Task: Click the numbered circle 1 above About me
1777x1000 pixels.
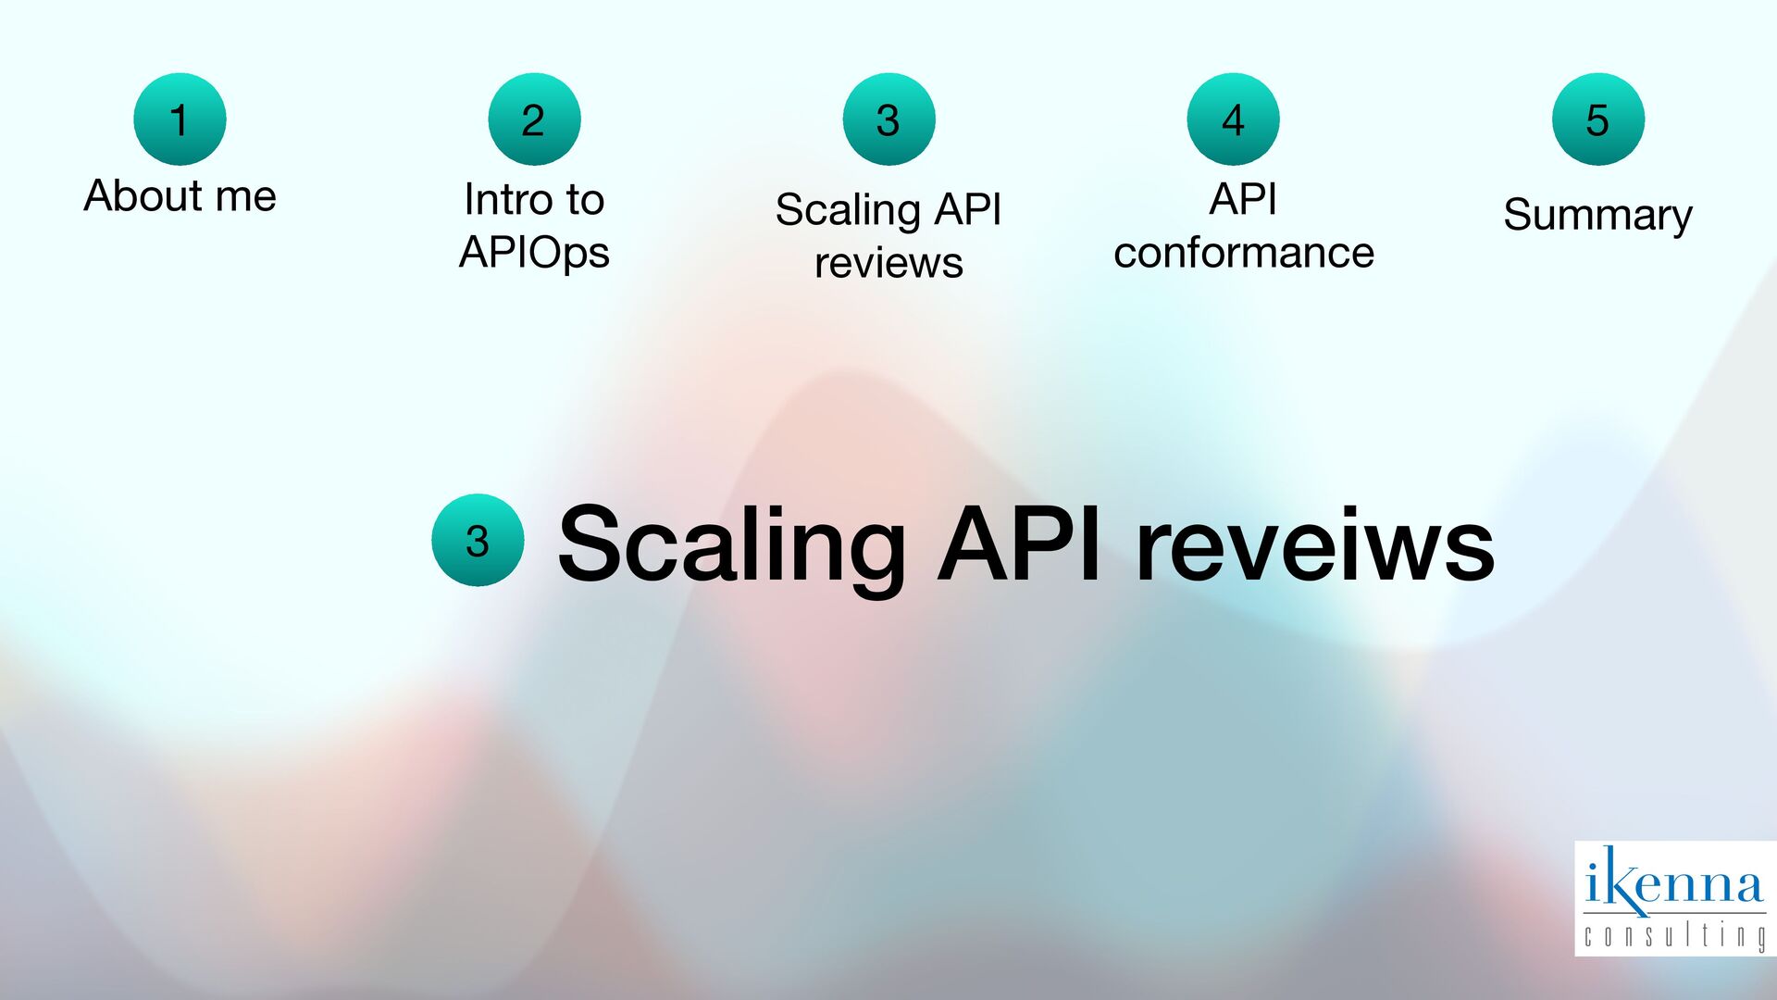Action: tap(180, 119)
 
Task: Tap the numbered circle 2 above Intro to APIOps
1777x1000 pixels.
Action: tap(534, 119)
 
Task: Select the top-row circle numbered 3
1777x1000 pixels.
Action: tap(888, 119)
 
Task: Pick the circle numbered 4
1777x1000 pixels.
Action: tap(1233, 119)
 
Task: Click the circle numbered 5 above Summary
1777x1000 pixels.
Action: tap(1597, 119)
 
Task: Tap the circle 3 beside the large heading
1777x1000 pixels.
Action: tap(478, 540)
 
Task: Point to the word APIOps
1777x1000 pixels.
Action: tap(534, 253)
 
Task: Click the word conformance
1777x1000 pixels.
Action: tap(1244, 253)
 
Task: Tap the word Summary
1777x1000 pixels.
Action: tap(1597, 216)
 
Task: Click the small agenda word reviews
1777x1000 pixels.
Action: tap(888, 263)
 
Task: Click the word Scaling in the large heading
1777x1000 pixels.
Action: tap(731, 546)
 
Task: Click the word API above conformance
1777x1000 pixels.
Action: tap(1243, 200)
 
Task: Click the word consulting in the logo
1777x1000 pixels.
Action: tap(1673, 935)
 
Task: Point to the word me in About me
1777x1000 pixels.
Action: tap(246, 196)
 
